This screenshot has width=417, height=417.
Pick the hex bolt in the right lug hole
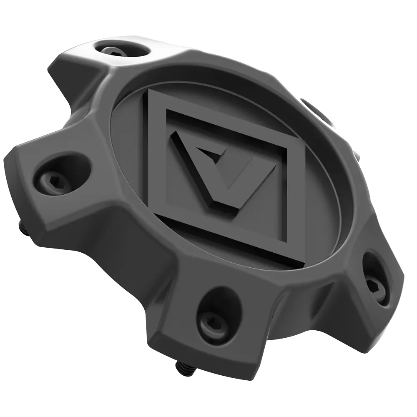coord(372,285)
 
